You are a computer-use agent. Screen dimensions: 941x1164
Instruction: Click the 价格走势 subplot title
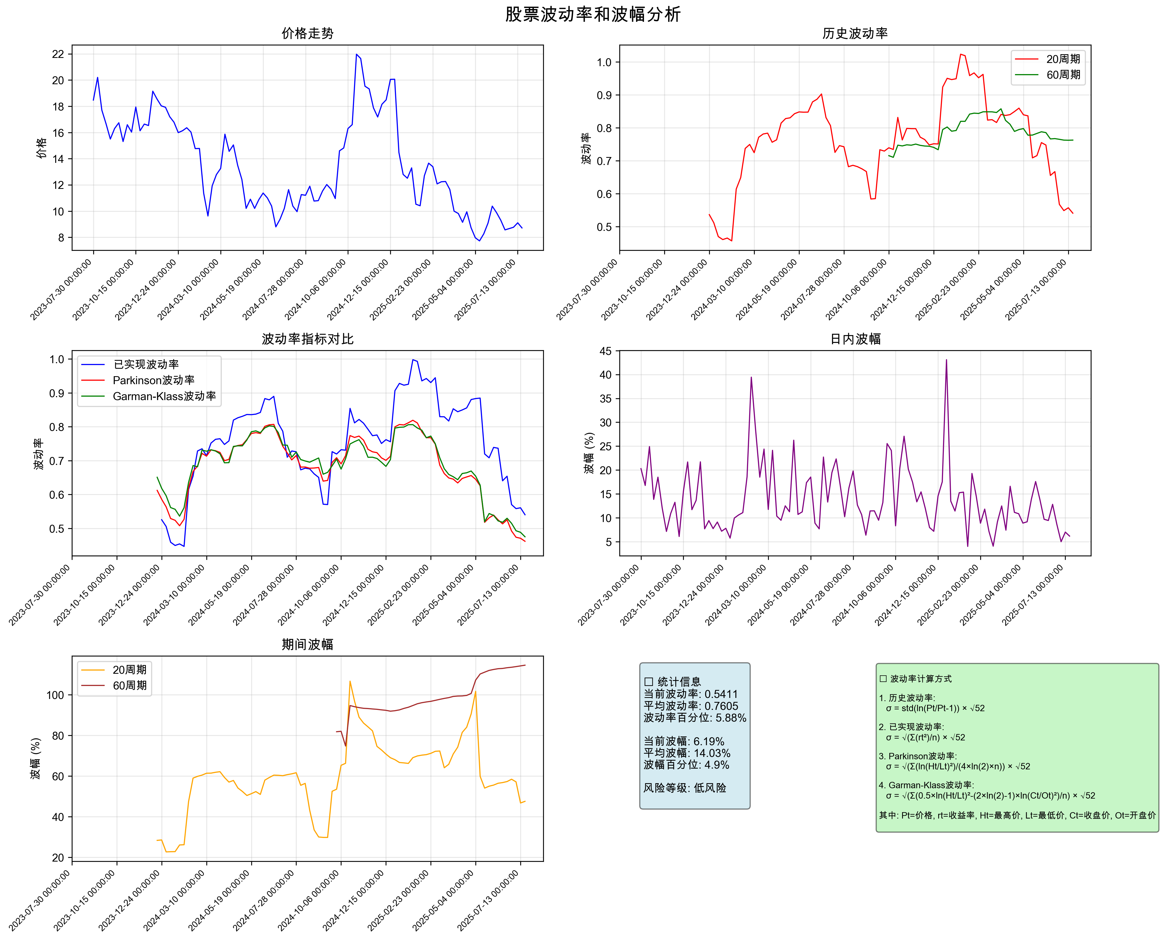(x=307, y=33)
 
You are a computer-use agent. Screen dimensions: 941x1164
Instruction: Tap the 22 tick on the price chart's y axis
(x=58, y=54)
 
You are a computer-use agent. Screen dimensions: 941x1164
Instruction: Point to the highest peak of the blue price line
(x=357, y=54)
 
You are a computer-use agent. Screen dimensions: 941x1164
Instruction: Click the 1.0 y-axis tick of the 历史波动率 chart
(x=604, y=62)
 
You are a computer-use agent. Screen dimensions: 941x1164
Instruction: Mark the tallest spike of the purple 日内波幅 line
(x=946, y=360)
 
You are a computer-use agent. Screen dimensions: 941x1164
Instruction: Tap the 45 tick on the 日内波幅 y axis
(x=605, y=351)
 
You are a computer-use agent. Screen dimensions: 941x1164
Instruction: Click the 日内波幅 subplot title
(x=855, y=339)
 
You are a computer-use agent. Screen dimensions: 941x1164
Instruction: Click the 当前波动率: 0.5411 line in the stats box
(x=690, y=694)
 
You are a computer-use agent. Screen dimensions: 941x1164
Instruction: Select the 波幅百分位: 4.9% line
(x=686, y=765)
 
